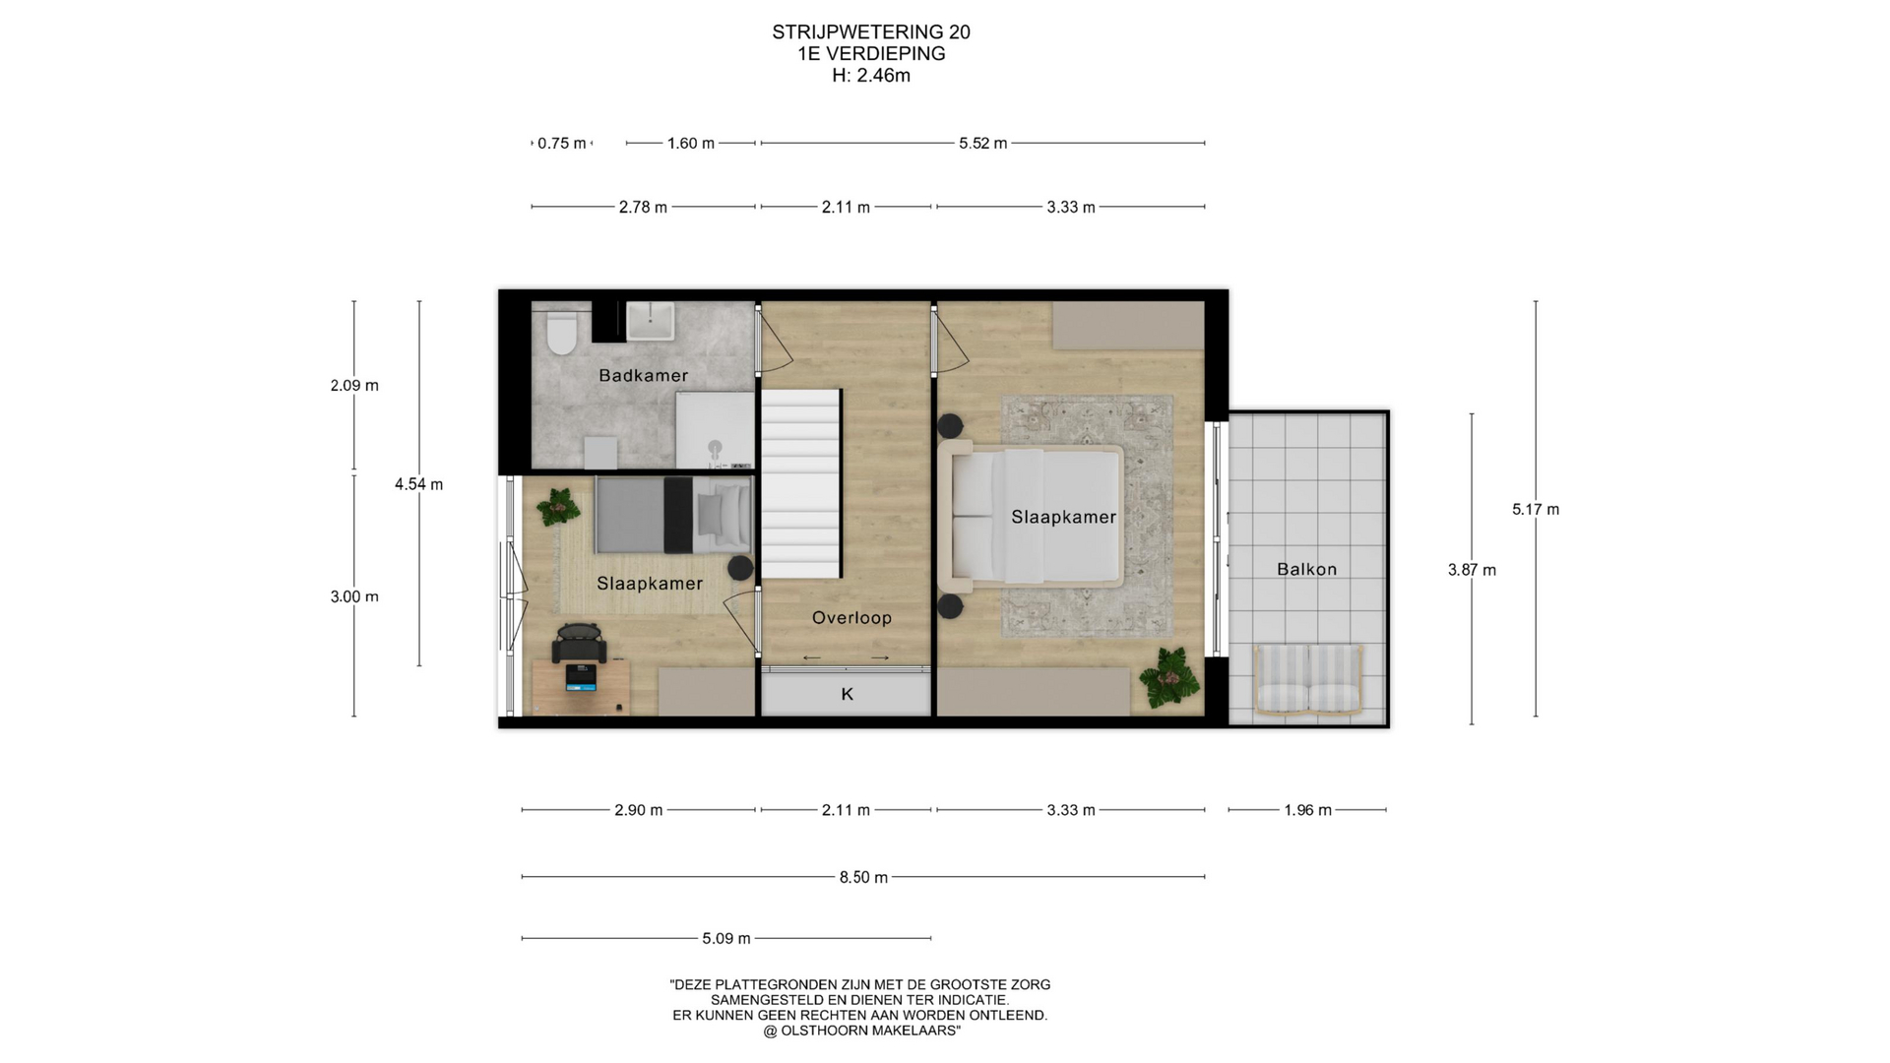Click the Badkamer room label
pos(643,375)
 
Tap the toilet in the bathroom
pos(562,333)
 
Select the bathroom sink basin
pos(651,321)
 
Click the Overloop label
pos(851,618)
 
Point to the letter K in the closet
pos(848,695)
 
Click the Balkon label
pos(1307,569)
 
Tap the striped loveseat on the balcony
pos(1309,678)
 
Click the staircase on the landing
pos(801,483)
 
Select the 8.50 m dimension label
pos(863,877)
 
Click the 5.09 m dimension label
pos(726,939)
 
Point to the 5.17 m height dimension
pos(1536,509)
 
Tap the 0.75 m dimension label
pos(562,144)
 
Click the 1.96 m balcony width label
pos(1307,810)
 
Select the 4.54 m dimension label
pos(419,484)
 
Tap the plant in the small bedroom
pos(559,508)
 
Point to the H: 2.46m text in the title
pos(871,76)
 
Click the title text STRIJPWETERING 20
pos(871,32)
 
